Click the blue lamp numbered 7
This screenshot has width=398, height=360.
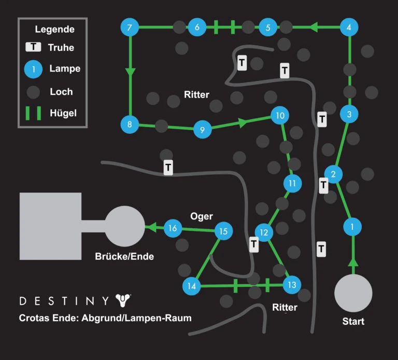[x=130, y=27]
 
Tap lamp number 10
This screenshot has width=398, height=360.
[x=280, y=115]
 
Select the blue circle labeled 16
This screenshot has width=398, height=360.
[x=173, y=228]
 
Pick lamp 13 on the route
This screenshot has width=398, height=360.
[x=292, y=285]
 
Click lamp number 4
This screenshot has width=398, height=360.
[x=349, y=27]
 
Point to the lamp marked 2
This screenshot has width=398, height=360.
[x=333, y=174]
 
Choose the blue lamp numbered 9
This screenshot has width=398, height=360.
[x=202, y=130]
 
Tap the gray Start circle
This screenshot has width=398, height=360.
[x=353, y=293]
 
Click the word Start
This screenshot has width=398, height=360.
[x=353, y=322]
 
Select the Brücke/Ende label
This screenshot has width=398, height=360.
[x=124, y=256]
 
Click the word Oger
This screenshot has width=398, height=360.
[x=202, y=216]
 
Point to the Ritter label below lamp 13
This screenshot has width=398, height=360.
[x=285, y=308]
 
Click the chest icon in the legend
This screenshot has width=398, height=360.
[x=33, y=47]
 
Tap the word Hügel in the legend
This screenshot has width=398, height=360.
[x=63, y=113]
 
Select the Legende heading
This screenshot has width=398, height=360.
[x=55, y=29]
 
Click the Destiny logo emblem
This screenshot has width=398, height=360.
[x=123, y=300]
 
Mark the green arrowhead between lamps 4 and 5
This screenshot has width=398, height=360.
[x=314, y=27]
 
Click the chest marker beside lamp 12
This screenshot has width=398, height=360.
[x=254, y=244]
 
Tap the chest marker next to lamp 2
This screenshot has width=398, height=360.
[x=323, y=186]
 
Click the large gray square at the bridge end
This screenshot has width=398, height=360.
[x=50, y=226]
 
